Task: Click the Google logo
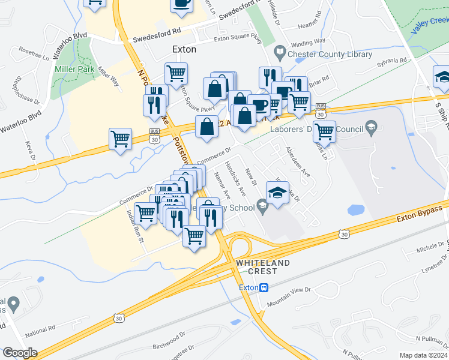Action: (20, 353)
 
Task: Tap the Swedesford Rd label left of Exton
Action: (157, 32)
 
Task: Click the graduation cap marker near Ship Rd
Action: (443, 78)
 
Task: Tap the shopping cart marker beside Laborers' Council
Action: (324, 130)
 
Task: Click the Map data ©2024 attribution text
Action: (423, 355)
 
